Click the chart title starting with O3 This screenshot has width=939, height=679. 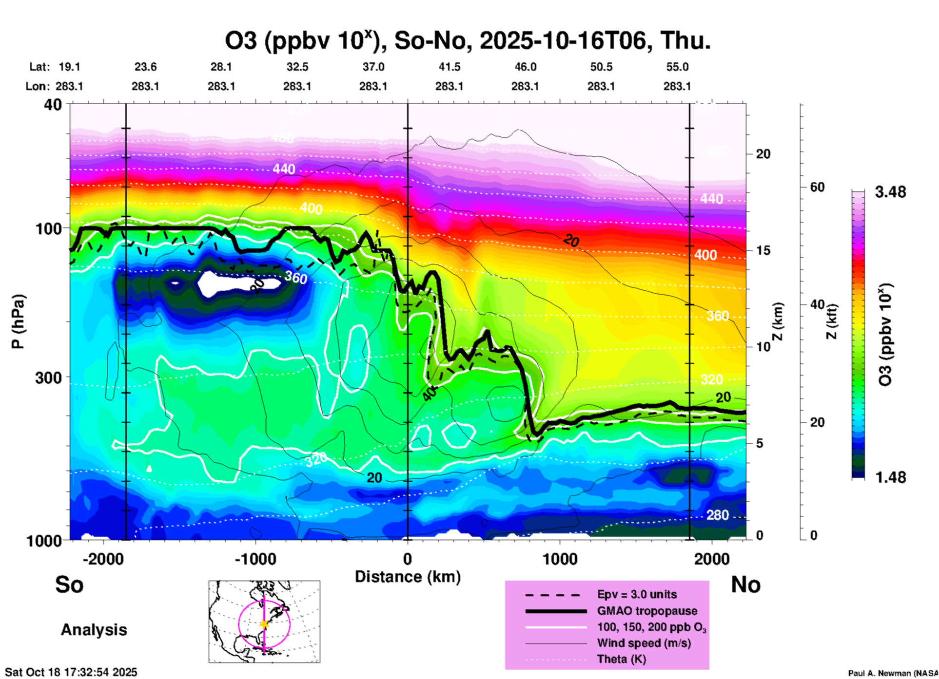467,40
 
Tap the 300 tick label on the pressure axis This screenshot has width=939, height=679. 49,377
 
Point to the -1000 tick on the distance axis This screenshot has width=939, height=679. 255,559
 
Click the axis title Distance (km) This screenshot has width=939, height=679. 408,577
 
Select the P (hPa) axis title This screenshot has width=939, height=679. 18,321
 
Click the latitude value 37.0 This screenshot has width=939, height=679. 373,67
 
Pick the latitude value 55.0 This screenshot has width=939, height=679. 677,67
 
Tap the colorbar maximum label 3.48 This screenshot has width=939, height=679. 890,192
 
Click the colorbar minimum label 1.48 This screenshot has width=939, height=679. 890,477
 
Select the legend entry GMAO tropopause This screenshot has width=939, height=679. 647,611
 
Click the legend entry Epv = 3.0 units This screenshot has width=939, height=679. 637,594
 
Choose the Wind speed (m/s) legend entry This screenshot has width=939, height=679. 644,643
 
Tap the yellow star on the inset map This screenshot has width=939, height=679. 264,624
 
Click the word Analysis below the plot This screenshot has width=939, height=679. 94,630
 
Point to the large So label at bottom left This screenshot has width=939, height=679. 69,585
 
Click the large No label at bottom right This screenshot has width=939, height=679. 745,585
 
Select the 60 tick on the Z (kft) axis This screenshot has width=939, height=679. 817,187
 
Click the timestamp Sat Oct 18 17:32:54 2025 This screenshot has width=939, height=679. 71,672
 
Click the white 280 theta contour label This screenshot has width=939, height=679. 717,515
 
